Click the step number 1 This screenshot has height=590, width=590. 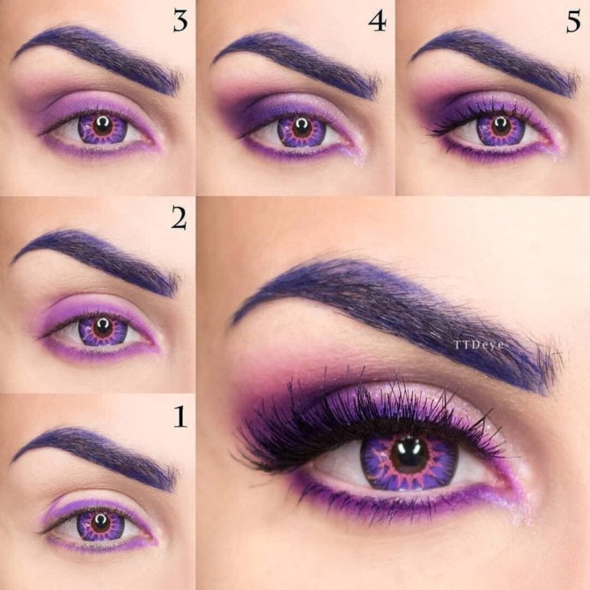[181, 417]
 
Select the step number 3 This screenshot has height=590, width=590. [180, 21]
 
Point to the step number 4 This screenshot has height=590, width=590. [377, 21]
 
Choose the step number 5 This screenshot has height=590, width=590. [573, 21]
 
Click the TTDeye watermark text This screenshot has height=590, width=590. [479, 345]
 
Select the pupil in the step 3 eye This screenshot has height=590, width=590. [102, 126]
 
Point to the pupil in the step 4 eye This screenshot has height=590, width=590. [302, 128]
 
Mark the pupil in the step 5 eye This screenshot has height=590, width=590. [501, 126]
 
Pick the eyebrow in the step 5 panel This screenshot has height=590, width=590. [497, 61]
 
